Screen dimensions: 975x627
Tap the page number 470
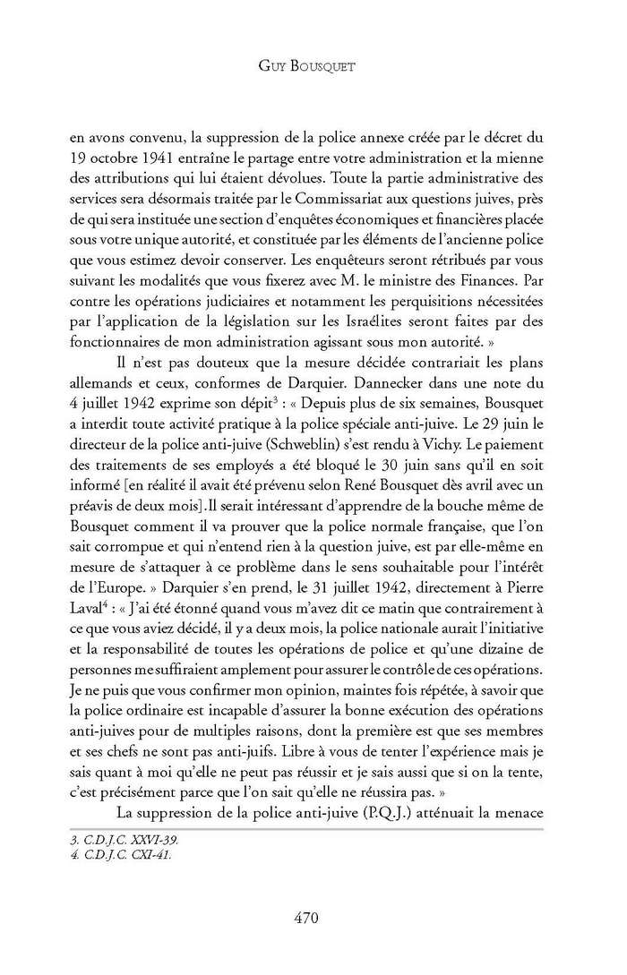(x=313, y=917)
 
